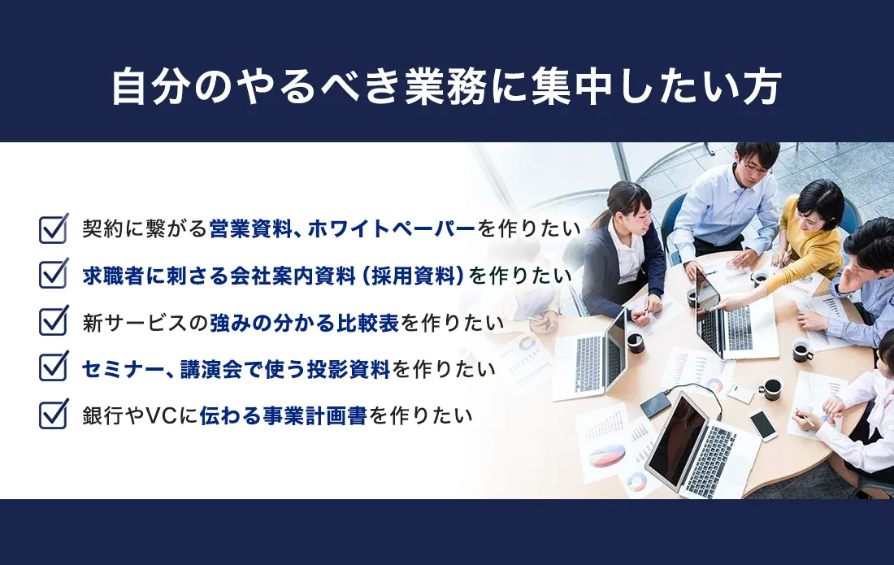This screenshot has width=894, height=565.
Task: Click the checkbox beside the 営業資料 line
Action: [x=54, y=228]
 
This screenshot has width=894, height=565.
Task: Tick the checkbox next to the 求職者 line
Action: [x=54, y=276]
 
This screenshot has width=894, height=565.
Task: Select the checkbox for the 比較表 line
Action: [x=54, y=322]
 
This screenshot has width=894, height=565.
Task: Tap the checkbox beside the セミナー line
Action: [x=54, y=368]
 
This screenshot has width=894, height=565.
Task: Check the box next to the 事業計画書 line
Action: [x=54, y=415]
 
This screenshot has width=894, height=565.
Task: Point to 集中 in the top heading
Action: [x=571, y=87]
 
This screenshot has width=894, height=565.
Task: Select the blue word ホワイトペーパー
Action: [x=391, y=228]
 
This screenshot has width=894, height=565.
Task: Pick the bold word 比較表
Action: [x=367, y=323]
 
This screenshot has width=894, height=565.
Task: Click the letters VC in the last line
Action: [x=162, y=416]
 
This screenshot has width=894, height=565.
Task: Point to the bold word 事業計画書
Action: [x=315, y=416]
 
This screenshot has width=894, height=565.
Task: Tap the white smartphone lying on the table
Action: [x=763, y=424]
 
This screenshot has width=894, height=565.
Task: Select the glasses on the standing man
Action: [x=754, y=168]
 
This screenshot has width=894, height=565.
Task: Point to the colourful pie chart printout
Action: [x=607, y=455]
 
